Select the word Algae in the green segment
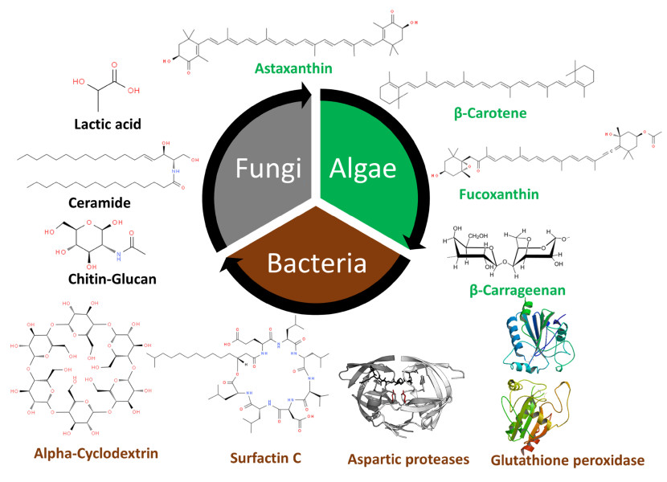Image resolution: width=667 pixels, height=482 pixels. pyautogui.click(x=359, y=168)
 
